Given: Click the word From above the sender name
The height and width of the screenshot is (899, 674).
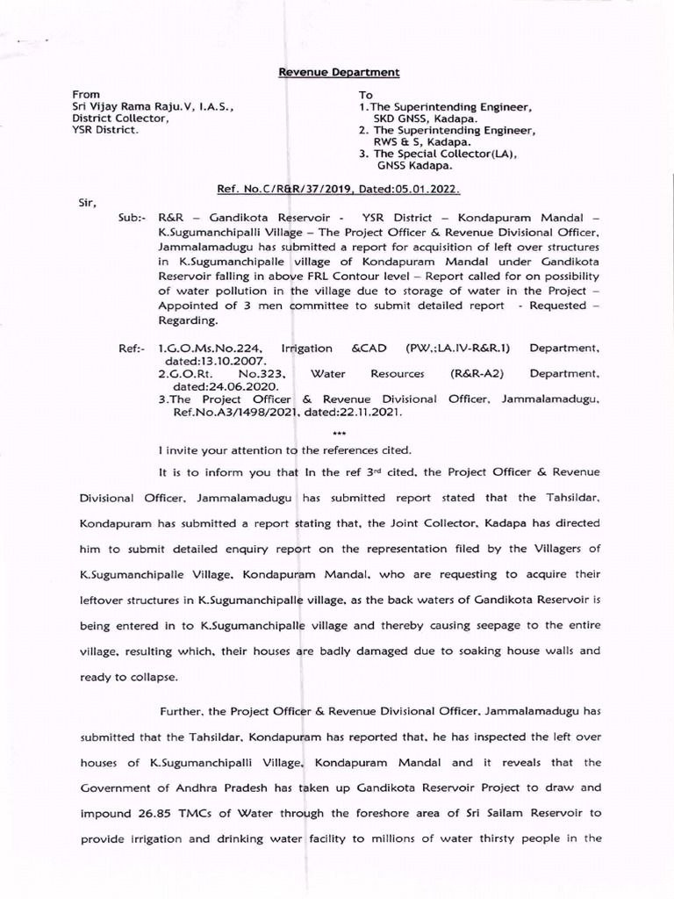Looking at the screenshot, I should tap(86, 94).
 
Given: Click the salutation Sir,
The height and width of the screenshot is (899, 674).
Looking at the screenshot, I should tap(86, 201).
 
